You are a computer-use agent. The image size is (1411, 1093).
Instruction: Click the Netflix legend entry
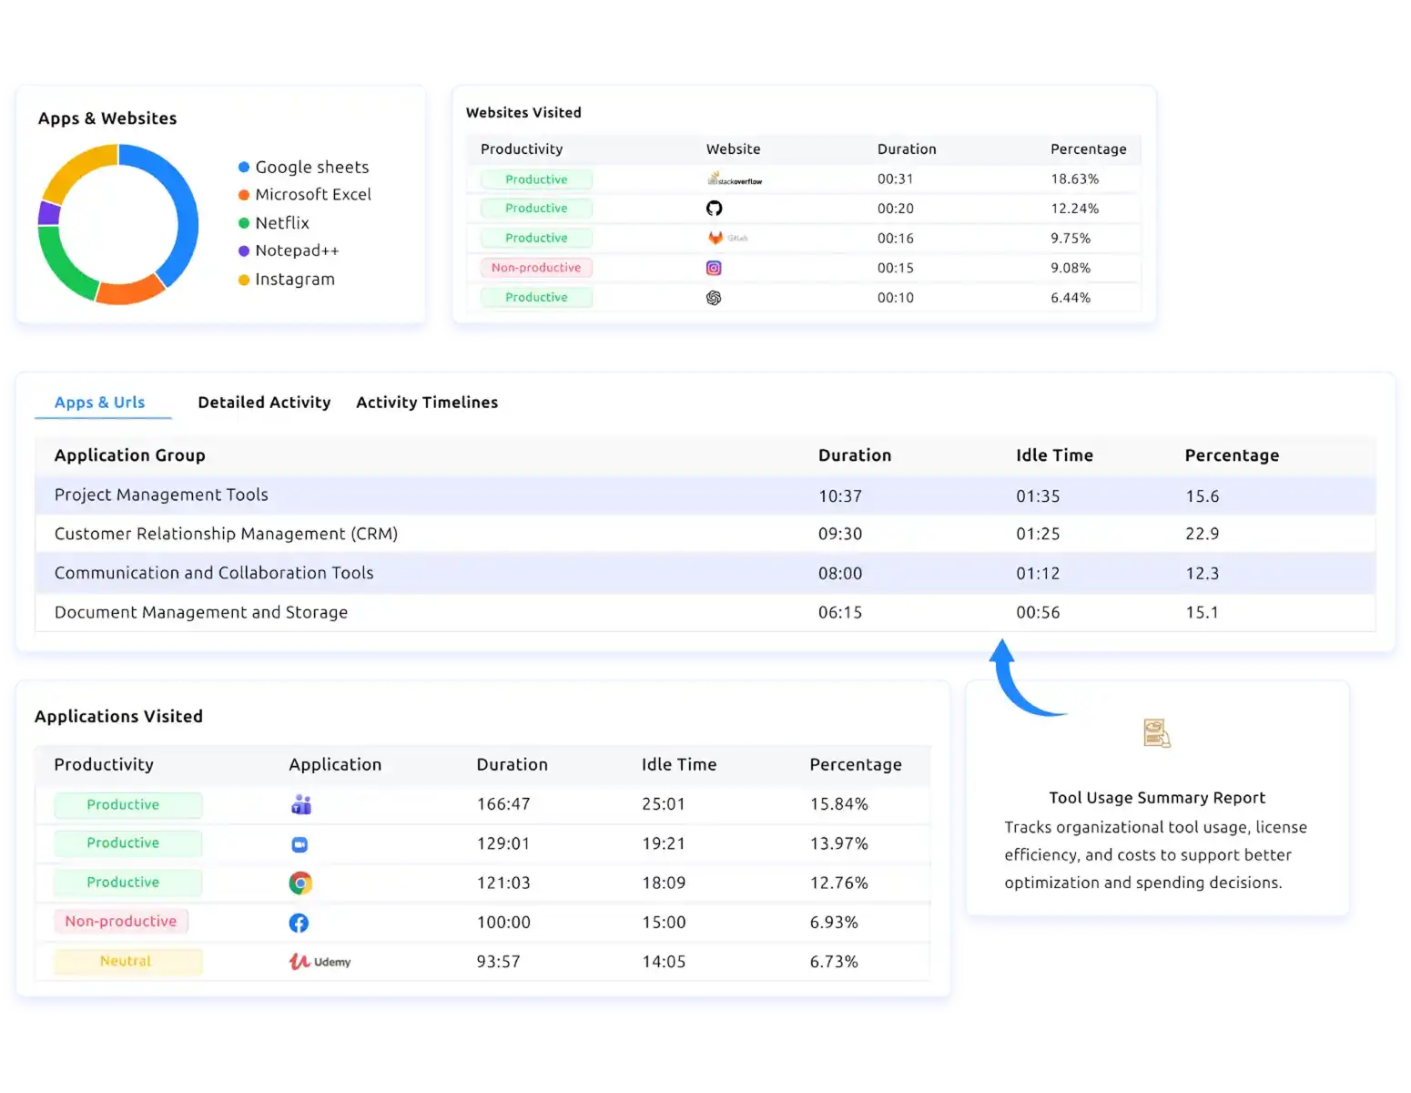[x=281, y=223]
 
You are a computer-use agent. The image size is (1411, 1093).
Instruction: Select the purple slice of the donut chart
[x=49, y=213]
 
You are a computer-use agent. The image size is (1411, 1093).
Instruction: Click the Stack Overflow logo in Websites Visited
[x=734, y=179]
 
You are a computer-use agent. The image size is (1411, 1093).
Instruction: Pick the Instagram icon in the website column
[x=714, y=268]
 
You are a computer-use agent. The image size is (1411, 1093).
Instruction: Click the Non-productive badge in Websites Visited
[x=536, y=268]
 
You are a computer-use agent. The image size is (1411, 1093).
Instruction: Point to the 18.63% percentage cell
[x=1074, y=179]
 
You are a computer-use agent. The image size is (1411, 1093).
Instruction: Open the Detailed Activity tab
[x=264, y=403]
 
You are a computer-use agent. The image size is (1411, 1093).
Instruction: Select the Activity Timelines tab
[x=427, y=403]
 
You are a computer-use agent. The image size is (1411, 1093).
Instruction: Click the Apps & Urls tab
[x=100, y=403]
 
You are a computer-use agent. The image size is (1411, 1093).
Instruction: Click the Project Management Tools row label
[x=161, y=495]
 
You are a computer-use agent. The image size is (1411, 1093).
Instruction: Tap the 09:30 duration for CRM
[x=839, y=534]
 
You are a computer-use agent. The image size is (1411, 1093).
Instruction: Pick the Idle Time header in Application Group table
[x=1054, y=455]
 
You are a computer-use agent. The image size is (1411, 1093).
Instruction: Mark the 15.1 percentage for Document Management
[x=1202, y=612]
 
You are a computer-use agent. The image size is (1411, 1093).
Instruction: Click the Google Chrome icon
[x=300, y=883]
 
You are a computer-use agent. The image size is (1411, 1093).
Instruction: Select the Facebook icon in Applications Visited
[x=299, y=923]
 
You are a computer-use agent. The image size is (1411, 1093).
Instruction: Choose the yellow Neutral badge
[x=127, y=961]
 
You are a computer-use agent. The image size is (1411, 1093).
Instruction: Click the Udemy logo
[x=320, y=962]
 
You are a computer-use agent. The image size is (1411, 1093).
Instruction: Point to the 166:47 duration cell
[x=503, y=804]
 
